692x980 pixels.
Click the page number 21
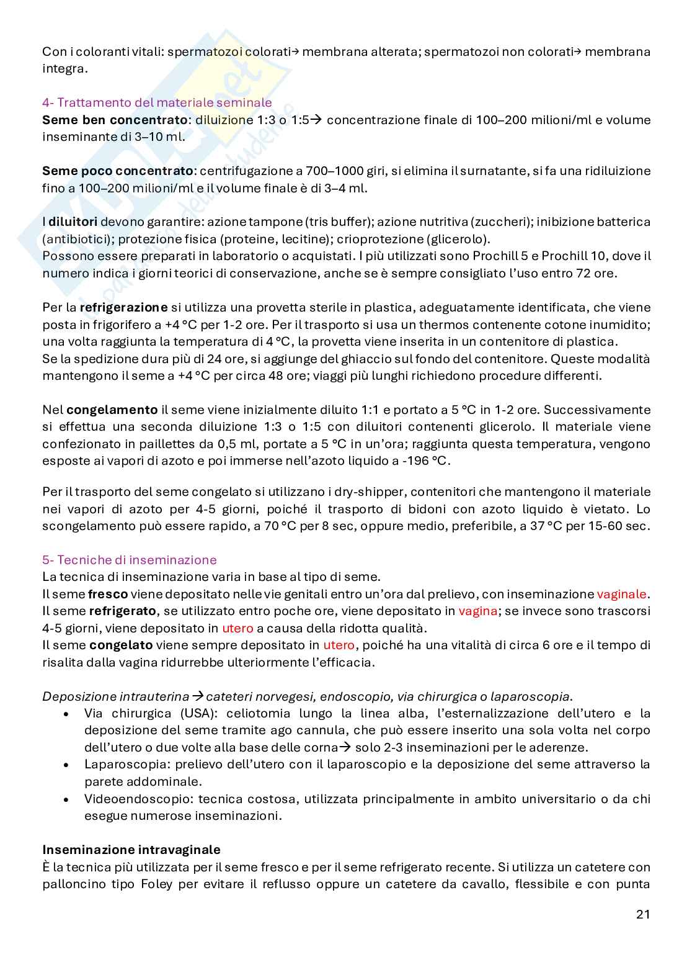click(642, 914)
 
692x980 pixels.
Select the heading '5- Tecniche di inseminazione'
click(130, 559)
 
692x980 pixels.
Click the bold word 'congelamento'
click(112, 410)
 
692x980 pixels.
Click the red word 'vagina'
click(477, 611)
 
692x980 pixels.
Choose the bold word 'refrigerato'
click(122, 611)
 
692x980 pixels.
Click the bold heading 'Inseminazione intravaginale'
click(131, 849)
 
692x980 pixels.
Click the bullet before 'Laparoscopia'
click(66, 765)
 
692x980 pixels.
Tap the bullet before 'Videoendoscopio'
click(66, 799)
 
